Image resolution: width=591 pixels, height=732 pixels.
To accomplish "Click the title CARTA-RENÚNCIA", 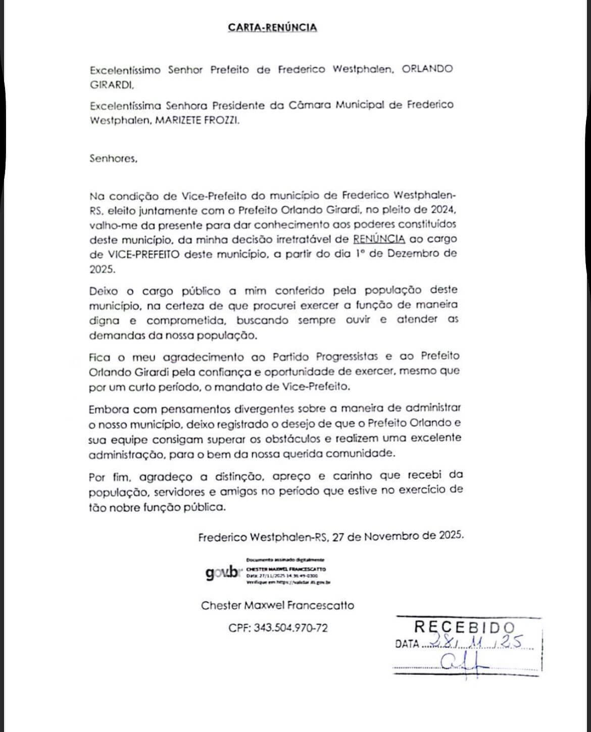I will (x=272, y=27).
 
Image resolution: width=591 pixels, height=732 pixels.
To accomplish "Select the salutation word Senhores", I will (x=113, y=158).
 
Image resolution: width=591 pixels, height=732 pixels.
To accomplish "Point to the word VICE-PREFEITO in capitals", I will (x=140, y=254).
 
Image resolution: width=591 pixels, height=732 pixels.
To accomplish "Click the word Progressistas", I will (x=348, y=356).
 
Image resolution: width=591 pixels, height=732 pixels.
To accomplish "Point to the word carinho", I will (x=353, y=476).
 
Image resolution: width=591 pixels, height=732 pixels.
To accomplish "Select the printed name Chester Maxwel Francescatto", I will (x=277, y=605).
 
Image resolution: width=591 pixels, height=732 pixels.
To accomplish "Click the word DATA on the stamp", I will (x=407, y=644).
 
